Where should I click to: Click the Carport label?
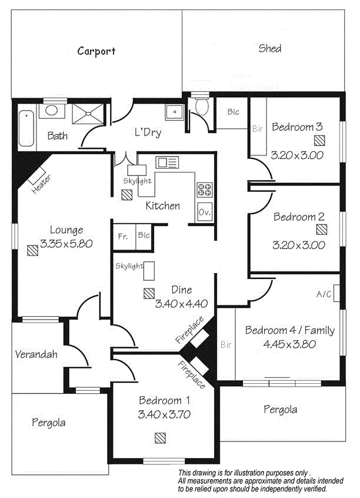[x=96, y=51]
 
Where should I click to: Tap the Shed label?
[x=270, y=48]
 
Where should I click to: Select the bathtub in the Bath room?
[x=25, y=128]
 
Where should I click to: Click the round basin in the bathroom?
[x=51, y=110]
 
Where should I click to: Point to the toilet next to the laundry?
[x=201, y=107]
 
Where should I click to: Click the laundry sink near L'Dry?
[x=174, y=111]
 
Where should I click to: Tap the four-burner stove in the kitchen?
[x=204, y=190]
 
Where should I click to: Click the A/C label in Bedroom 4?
[x=324, y=293]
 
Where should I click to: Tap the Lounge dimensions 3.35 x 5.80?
[x=66, y=243]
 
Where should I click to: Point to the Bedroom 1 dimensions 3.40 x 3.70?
[x=164, y=414]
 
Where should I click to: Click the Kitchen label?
[x=162, y=205]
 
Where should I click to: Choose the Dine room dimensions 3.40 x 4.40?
[x=182, y=304]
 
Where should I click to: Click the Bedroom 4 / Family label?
[x=289, y=330]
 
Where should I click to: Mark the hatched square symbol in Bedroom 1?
[x=160, y=437]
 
